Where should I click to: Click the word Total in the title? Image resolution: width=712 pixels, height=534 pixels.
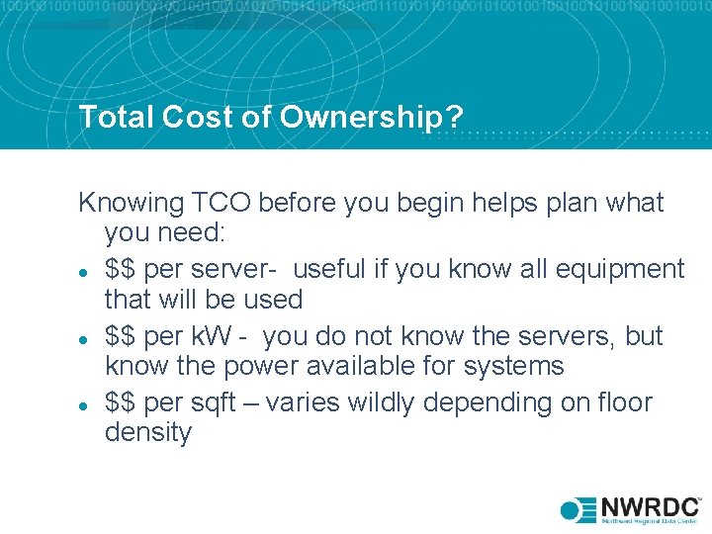tap(111, 118)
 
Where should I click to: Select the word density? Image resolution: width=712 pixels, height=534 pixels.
tap(148, 433)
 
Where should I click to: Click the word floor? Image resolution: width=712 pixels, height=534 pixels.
tap(622, 403)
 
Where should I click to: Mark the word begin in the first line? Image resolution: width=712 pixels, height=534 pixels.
tap(415, 204)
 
